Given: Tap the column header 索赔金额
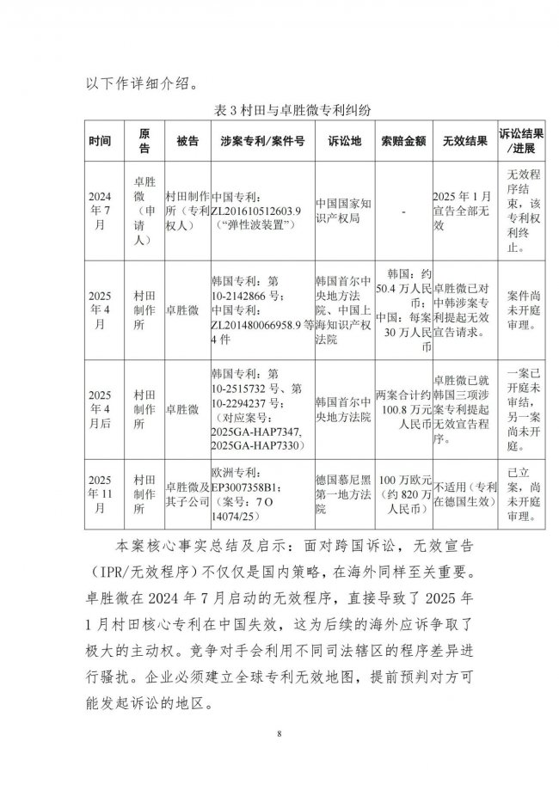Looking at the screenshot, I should point(402,142).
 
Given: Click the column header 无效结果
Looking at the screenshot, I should point(464,142).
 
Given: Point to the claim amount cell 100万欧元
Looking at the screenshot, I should point(403,494).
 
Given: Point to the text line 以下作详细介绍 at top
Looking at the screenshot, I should point(142,83).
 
